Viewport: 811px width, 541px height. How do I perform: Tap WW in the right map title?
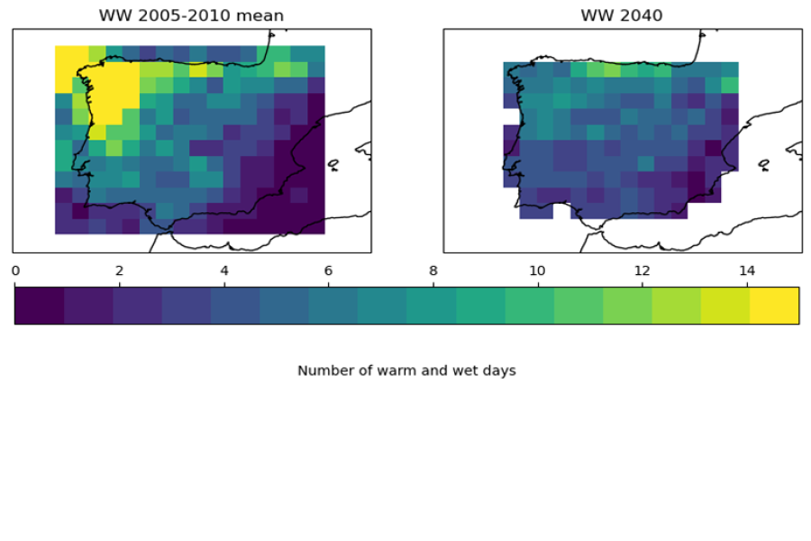pos(597,15)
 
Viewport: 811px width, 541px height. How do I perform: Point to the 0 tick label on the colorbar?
pos(15,270)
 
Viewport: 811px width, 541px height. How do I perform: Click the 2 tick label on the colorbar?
pos(119,270)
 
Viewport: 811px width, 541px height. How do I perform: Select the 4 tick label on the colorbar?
pos(223,270)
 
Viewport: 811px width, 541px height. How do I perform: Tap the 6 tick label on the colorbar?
pos(328,270)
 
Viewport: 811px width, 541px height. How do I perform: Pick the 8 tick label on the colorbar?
pos(433,270)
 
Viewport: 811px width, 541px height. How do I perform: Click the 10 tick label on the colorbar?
pos(537,270)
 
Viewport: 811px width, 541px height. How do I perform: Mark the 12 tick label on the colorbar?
pos(642,270)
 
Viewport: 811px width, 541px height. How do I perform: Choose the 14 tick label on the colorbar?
pos(746,270)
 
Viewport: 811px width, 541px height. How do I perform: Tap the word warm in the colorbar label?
pos(386,371)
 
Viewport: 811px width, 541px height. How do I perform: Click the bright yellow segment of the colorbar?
pos(774,305)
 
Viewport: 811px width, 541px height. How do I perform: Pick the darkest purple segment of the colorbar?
pos(39,305)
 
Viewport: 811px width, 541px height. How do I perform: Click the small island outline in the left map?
pos(333,165)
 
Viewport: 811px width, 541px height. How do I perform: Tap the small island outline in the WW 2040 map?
pos(764,165)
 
